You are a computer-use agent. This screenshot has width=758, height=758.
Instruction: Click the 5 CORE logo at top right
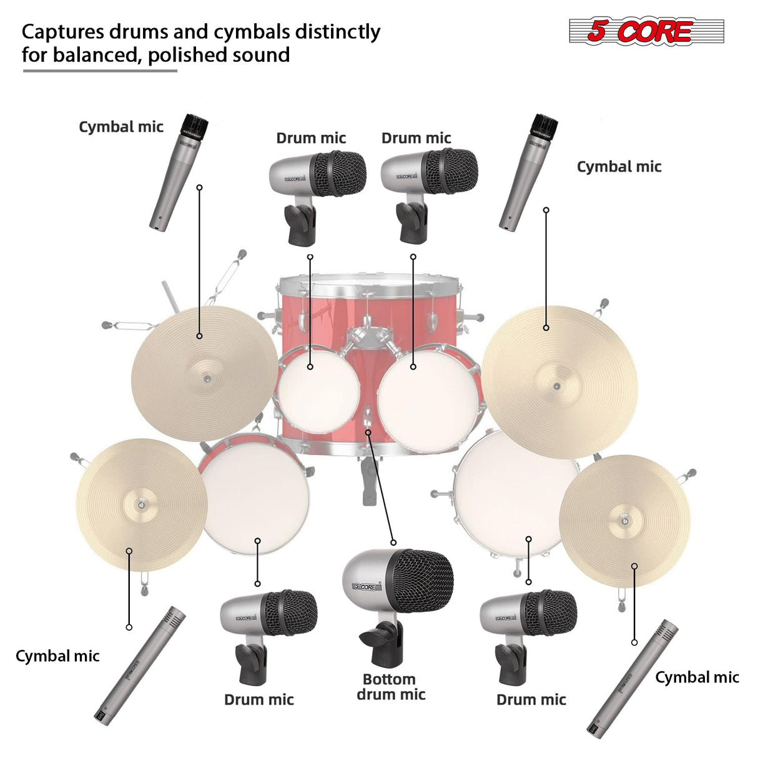[x=646, y=31]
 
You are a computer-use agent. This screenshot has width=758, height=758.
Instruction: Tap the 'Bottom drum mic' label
[x=391, y=687]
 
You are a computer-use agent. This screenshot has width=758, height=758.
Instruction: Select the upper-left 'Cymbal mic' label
[x=121, y=127]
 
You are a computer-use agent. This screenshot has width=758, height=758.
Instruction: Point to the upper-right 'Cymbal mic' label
[x=619, y=167]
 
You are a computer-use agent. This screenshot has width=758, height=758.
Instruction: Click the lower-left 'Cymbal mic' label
[x=57, y=656]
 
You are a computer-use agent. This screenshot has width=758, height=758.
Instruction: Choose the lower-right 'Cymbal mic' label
[x=697, y=677]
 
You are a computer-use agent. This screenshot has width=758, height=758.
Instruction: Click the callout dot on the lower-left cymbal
[x=129, y=551]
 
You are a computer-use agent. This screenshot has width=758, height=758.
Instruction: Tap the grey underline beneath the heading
[x=100, y=71]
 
